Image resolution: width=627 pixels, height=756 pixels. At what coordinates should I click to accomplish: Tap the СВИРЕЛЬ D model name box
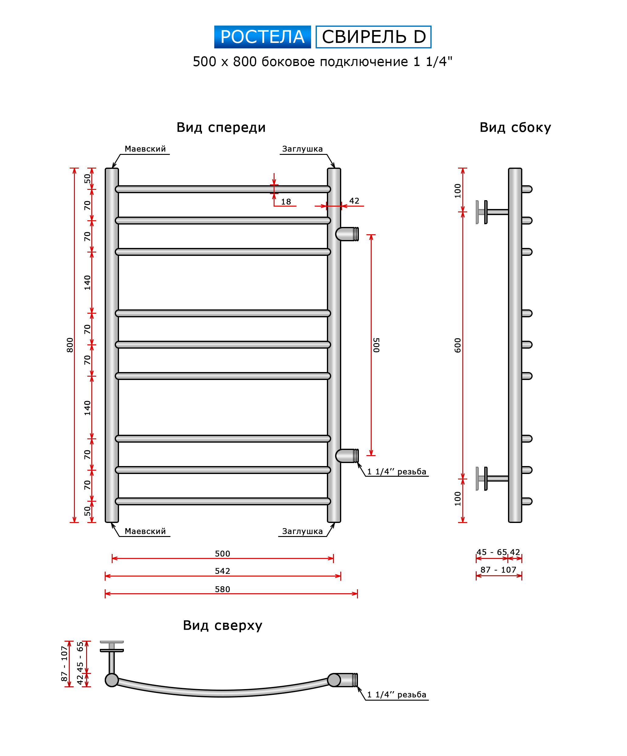[x=373, y=37]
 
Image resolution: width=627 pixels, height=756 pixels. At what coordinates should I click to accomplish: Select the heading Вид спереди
[x=221, y=127]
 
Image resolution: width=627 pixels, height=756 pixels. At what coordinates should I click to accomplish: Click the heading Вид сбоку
[x=515, y=127]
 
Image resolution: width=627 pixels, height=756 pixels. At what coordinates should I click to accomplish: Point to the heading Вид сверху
[x=222, y=625]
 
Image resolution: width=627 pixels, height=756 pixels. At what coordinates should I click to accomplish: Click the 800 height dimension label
[x=70, y=345]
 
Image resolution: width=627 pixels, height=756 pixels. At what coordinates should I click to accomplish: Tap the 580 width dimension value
[x=222, y=589]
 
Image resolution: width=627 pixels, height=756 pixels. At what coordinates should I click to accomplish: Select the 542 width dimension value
[x=222, y=571]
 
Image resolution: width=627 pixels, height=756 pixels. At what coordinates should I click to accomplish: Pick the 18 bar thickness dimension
[x=286, y=202]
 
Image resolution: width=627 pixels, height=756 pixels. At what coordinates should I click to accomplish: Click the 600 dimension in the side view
[x=457, y=345]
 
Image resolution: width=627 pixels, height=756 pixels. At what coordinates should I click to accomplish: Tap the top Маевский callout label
[x=145, y=149]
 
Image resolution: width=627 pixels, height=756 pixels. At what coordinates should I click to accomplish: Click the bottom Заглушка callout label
[x=302, y=531]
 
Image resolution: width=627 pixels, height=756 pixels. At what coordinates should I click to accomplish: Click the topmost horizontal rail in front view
[x=222, y=189]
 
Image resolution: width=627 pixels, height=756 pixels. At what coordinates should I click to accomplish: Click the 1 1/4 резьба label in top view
[x=397, y=695]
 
